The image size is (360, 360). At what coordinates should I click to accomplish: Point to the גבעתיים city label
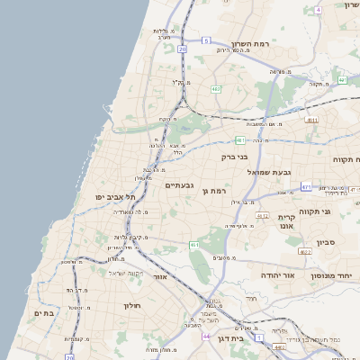[181, 185]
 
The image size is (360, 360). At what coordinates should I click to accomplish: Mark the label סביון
[325, 242]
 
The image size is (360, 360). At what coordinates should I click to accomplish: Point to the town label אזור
[160, 277]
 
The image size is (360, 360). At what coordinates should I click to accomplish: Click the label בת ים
[45, 313]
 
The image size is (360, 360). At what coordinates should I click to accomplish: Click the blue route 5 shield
[205, 40]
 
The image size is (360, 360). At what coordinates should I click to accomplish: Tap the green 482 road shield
[216, 89]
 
